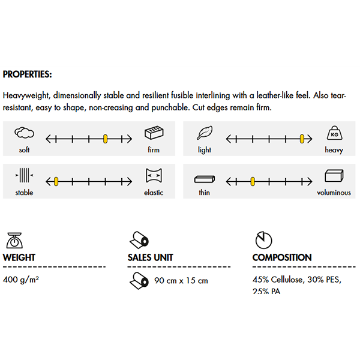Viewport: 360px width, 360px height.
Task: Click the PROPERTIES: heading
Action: coord(27,75)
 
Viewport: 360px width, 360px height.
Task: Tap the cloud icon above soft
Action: coord(24,133)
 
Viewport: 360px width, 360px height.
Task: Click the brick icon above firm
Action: coord(153,133)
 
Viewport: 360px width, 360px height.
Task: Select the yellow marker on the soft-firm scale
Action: coord(105,139)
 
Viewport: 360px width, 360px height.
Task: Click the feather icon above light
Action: coord(205,133)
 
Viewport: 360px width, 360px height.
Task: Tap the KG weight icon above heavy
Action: coord(334,133)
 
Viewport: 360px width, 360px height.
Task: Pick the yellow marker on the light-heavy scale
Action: coord(303,139)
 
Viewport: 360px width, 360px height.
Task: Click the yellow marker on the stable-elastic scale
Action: coord(55,181)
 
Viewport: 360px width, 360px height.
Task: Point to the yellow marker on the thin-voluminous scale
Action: coord(253,181)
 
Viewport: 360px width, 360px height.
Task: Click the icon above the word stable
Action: coord(24,176)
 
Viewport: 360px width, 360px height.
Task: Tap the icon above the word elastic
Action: coord(154,176)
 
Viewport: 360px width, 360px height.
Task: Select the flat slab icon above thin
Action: coord(205,179)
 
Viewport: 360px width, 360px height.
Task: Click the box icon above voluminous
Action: coord(334,176)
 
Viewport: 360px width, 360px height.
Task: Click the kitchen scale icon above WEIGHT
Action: coord(14,240)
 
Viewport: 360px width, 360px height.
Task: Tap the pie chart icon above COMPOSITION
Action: coord(263,240)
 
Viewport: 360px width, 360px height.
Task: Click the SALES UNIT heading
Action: coord(150,257)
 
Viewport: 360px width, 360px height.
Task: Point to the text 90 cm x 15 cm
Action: coord(181,280)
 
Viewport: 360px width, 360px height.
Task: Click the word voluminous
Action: coord(334,193)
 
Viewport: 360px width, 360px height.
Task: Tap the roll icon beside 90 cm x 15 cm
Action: coord(138,280)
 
